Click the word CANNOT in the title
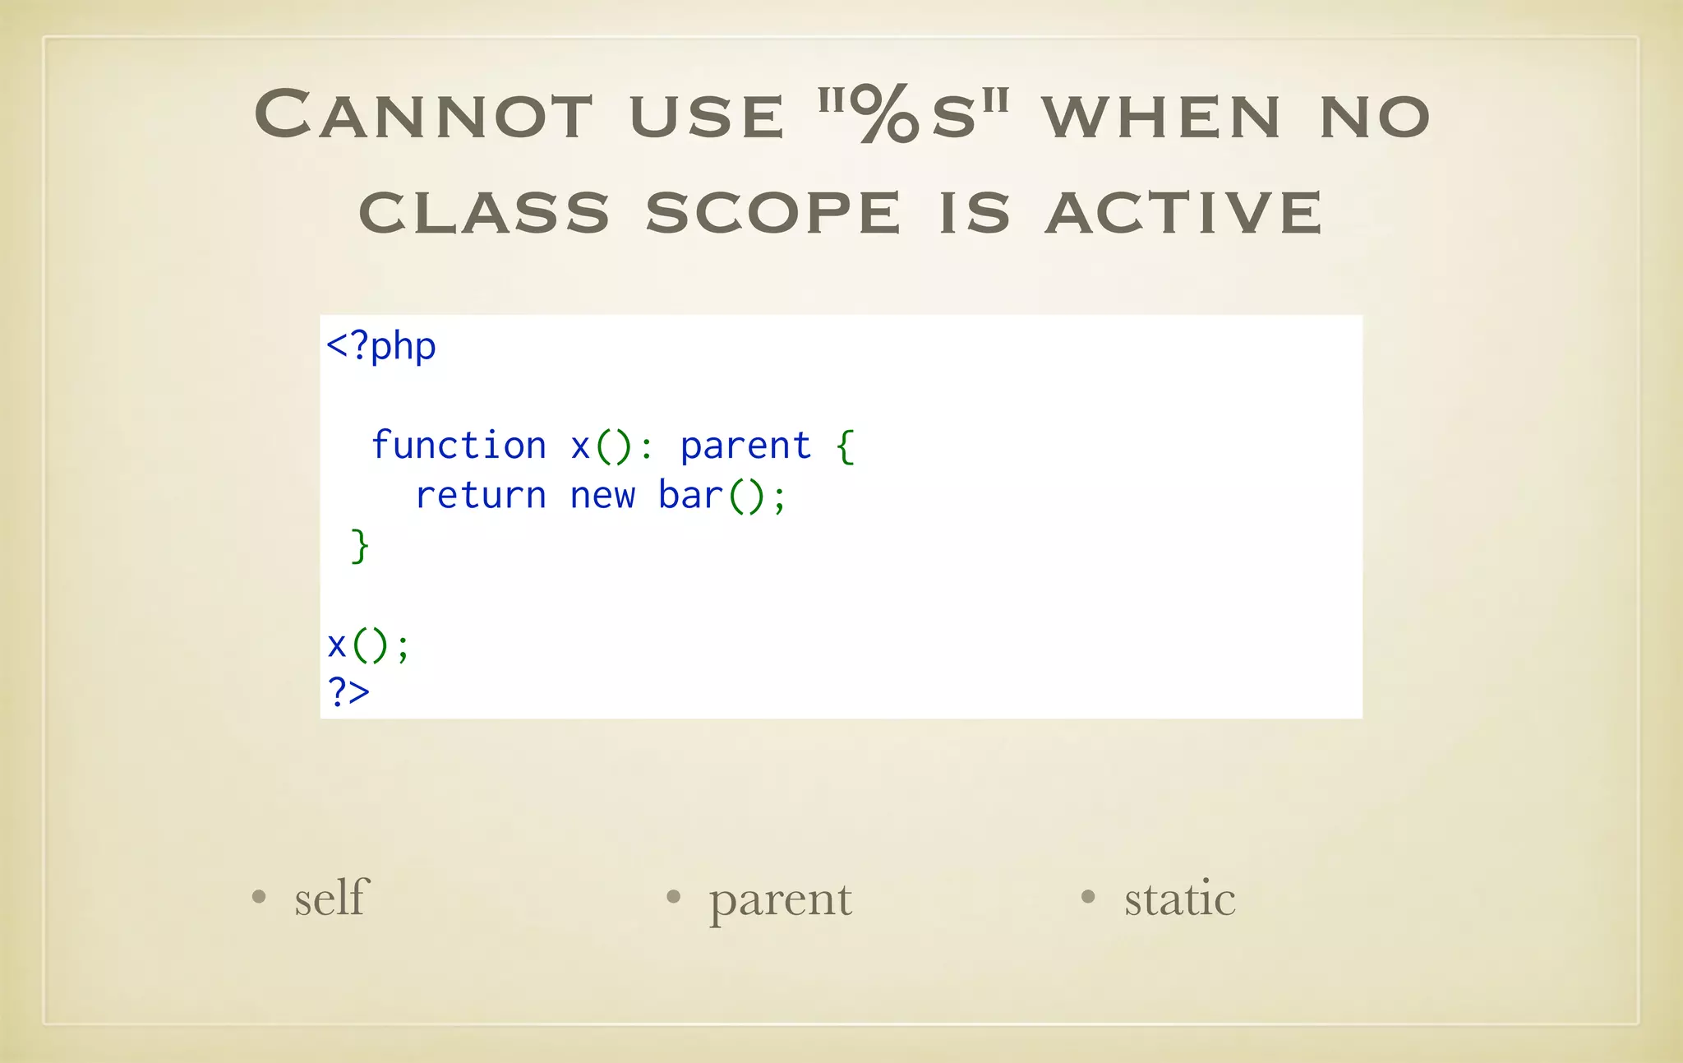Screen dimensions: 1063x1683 (x=423, y=115)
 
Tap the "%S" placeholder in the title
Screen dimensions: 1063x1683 (x=914, y=115)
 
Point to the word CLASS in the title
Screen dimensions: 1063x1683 (x=484, y=213)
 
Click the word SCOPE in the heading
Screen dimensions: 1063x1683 (x=773, y=213)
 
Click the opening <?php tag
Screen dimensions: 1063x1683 (x=381, y=347)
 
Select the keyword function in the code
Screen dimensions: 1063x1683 (x=459, y=446)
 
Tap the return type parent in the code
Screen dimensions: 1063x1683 (x=745, y=446)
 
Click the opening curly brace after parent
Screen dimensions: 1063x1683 (x=846, y=446)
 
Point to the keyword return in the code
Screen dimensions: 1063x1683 (x=481, y=496)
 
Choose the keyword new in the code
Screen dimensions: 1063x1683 (x=602, y=496)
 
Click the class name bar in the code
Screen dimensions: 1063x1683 (x=690, y=496)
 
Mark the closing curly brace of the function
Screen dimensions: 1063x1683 (x=360, y=545)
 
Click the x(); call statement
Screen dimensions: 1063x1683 (x=367, y=645)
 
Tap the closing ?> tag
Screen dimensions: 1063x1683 (x=348, y=692)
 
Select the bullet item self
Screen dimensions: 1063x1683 (x=331, y=897)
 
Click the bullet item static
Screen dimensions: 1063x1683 (x=1179, y=899)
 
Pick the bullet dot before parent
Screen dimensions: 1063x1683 (x=673, y=897)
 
